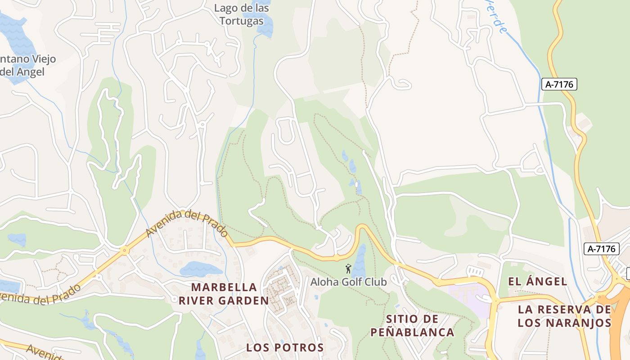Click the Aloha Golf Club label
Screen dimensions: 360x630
point(348,282)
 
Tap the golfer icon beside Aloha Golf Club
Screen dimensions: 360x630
point(348,269)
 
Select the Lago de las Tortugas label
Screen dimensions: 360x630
point(242,14)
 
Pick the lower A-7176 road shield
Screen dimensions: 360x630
point(602,248)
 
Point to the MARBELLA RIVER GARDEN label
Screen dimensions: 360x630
point(224,294)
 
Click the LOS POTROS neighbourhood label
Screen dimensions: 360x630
point(285,347)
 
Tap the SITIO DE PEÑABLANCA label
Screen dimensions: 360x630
point(412,326)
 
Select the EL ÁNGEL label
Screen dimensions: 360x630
point(537,282)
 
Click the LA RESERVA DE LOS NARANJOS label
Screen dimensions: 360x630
point(564,316)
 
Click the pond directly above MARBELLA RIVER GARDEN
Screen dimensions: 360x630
point(200,269)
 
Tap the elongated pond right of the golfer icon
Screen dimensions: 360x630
point(359,261)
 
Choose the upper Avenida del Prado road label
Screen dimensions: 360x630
point(186,223)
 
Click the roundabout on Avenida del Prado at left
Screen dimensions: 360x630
point(125,251)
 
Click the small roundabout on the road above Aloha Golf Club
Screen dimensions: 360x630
point(336,258)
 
